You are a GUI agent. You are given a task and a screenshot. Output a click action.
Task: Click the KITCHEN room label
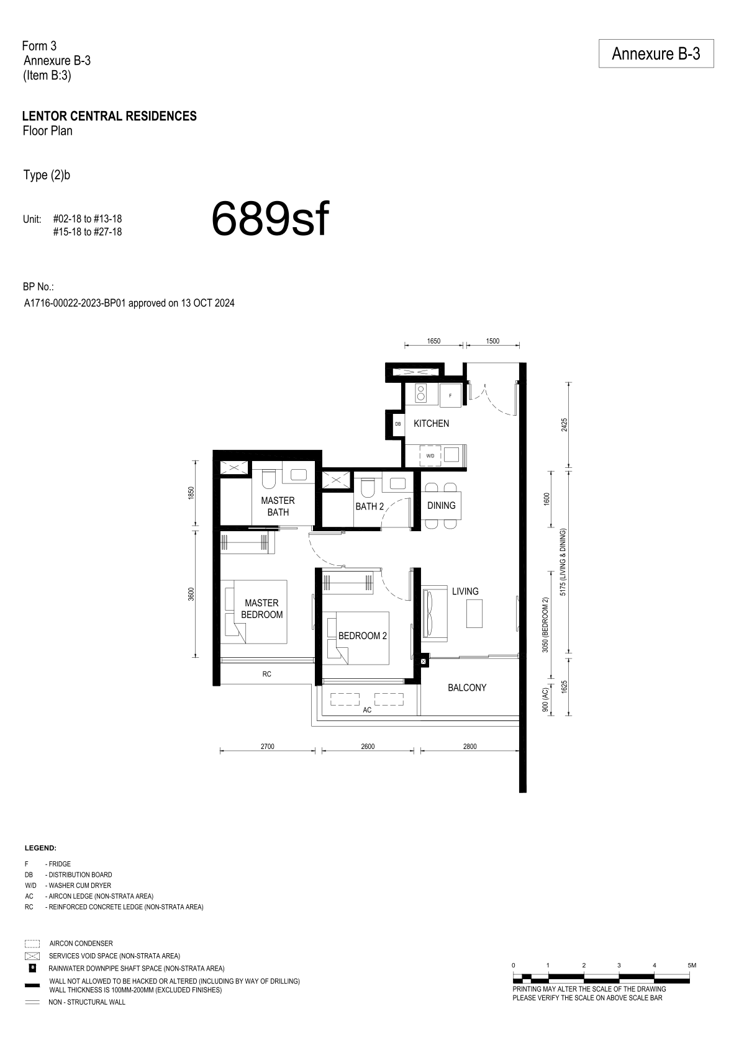(431, 424)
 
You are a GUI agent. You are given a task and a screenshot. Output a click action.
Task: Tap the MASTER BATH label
(278, 506)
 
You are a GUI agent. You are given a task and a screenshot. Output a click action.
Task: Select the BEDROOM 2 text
(362, 636)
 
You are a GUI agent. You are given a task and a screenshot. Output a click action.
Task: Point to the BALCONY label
(467, 688)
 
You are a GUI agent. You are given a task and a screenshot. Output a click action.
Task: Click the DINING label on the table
(441, 506)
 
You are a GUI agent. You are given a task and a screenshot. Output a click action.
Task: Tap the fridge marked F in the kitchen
(450, 395)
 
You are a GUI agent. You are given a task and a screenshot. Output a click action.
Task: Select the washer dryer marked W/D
(430, 455)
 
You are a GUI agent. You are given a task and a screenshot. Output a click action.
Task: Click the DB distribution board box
(397, 424)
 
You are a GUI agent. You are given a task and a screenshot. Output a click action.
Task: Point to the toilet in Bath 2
(367, 488)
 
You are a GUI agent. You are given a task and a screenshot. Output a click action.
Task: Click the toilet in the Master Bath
(269, 478)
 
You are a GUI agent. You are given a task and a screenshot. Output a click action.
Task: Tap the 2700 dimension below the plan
(268, 747)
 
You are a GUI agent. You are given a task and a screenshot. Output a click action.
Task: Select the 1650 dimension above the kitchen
(433, 341)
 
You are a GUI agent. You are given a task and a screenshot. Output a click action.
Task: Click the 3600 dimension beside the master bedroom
(191, 594)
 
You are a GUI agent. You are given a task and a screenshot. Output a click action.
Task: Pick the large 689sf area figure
(270, 219)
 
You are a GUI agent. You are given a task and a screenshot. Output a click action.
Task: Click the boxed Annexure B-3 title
(656, 53)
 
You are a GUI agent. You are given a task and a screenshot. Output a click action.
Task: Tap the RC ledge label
(266, 674)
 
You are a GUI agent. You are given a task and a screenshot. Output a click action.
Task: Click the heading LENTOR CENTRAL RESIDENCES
(110, 116)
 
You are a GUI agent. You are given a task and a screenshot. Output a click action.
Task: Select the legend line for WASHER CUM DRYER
(68, 886)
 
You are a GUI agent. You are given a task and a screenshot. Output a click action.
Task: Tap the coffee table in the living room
(474, 614)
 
